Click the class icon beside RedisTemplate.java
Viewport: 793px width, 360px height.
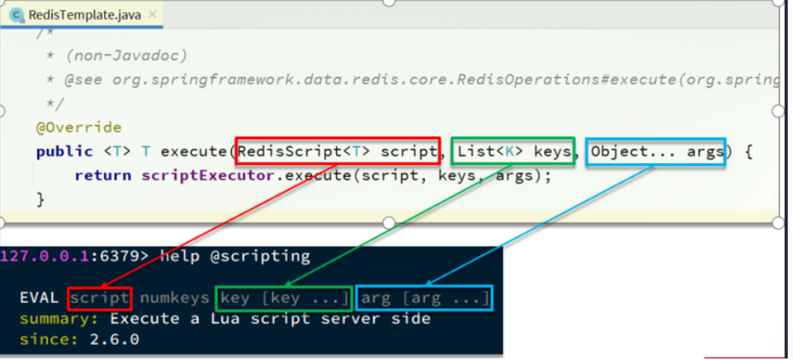pos(16,15)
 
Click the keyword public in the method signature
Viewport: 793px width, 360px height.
pos(64,152)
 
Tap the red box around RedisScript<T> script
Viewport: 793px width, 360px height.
pos(338,152)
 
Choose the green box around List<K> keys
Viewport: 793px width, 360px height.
pos(512,152)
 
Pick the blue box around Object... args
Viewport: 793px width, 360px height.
pos(656,152)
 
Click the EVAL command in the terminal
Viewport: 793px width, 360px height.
pos(39,299)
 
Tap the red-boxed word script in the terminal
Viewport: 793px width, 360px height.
pos(99,299)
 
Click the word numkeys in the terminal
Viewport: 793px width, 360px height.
pos(174,299)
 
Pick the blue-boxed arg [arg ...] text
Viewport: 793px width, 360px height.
pos(424,299)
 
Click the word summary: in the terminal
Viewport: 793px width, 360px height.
pos(62,319)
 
